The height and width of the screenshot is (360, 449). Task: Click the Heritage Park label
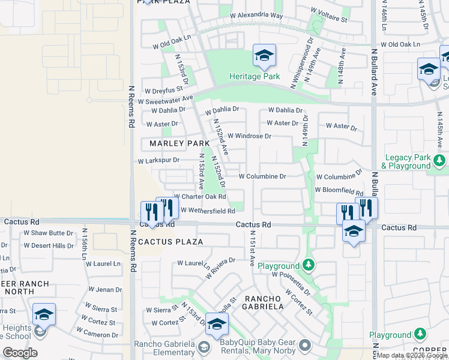point(255,77)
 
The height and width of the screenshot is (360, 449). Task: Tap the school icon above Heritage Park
point(264,56)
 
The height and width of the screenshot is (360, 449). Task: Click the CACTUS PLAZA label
point(170,242)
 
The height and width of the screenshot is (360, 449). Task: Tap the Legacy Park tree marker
point(440,160)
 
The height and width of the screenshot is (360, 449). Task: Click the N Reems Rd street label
point(131,106)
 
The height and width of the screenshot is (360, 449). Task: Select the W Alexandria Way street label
point(256,15)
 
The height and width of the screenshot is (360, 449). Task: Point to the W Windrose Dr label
point(249,136)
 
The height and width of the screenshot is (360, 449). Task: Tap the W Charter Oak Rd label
point(199,197)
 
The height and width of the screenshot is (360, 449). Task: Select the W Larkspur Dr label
point(158,161)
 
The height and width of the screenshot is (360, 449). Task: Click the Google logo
point(20,353)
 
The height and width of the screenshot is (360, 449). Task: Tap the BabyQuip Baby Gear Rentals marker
point(306,345)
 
